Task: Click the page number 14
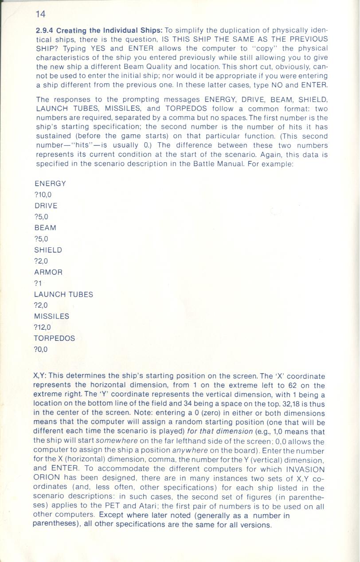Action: [x=40, y=14]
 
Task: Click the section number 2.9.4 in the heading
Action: [x=44, y=31]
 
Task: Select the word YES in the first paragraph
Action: [x=98, y=48]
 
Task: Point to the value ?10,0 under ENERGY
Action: [x=43, y=195]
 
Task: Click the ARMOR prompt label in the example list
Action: [x=48, y=272]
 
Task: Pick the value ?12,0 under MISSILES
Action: [x=43, y=328]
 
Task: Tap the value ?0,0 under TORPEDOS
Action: [x=41, y=350]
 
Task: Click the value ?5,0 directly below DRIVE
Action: [x=41, y=217]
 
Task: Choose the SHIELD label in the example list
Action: [x=48, y=250]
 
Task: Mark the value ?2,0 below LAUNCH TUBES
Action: [x=41, y=305]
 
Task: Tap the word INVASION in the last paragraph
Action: [x=305, y=469]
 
